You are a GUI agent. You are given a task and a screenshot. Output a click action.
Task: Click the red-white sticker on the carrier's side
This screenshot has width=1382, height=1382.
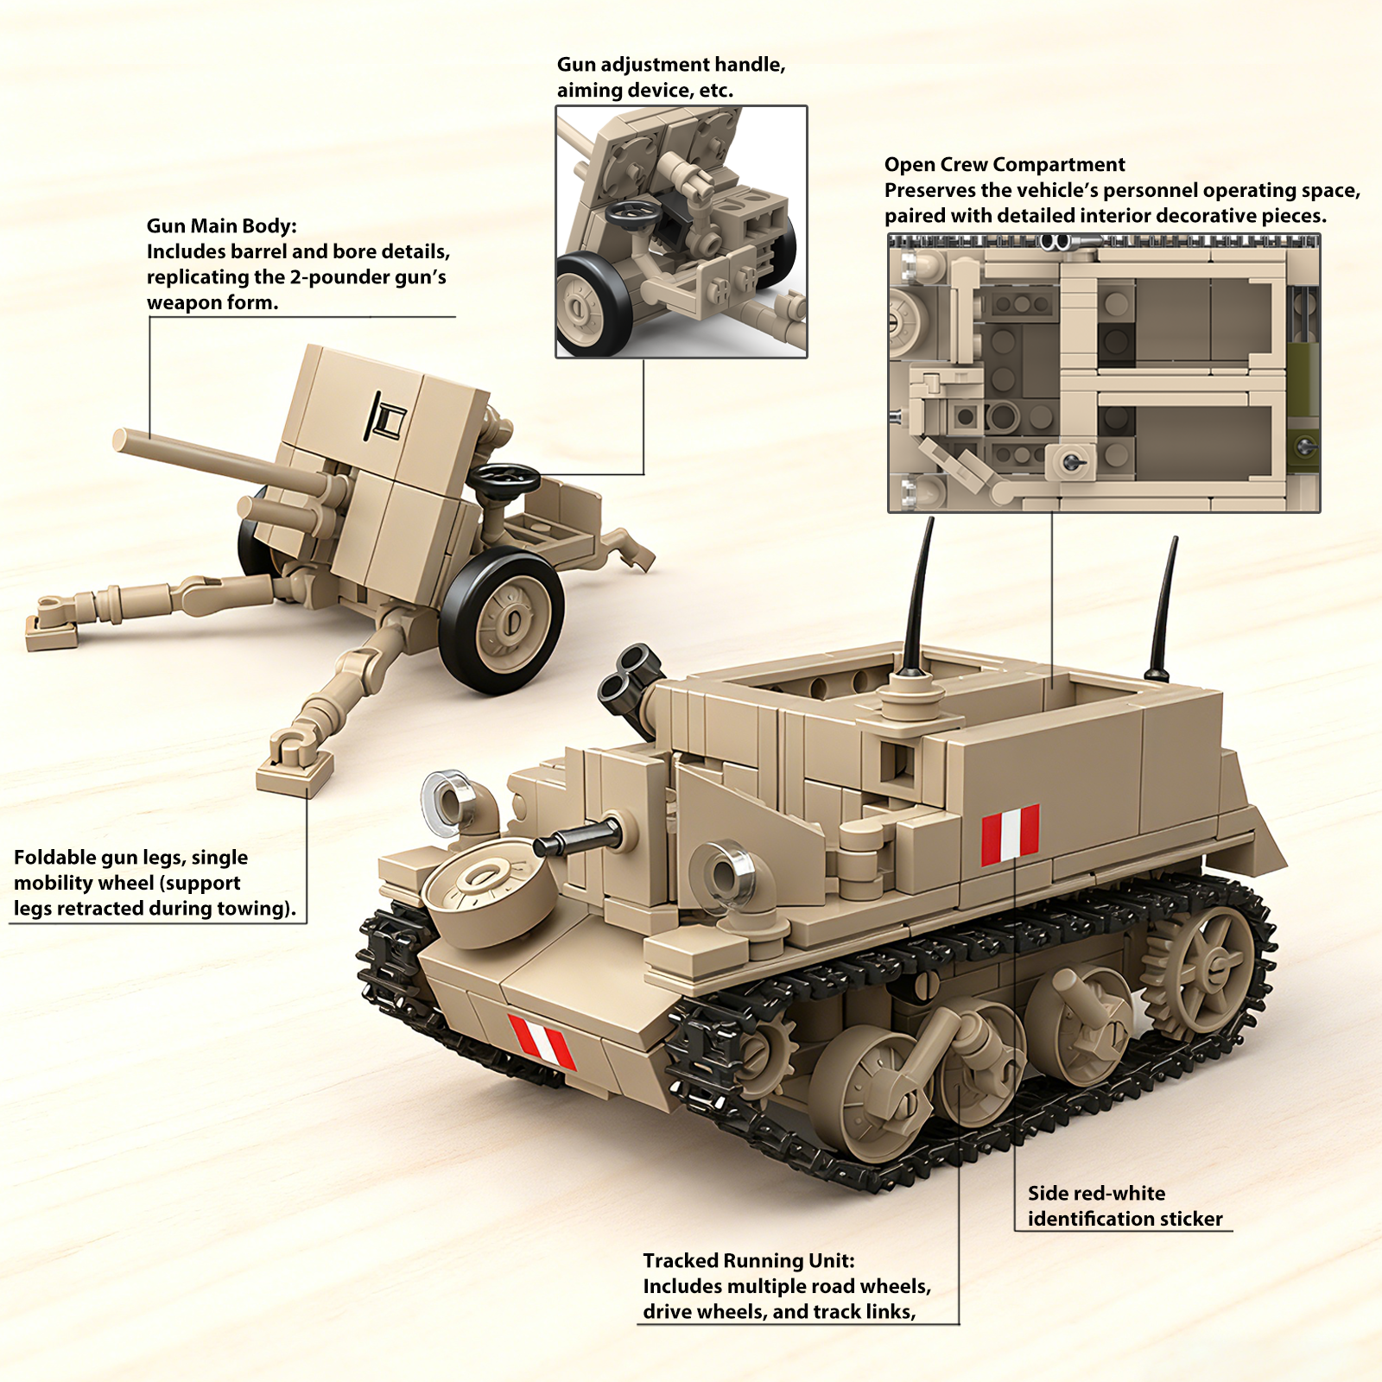tap(1010, 834)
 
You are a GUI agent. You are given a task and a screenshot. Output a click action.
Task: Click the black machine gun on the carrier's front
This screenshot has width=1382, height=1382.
tap(577, 836)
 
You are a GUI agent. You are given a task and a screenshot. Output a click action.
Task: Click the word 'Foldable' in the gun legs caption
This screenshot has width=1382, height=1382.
tap(55, 857)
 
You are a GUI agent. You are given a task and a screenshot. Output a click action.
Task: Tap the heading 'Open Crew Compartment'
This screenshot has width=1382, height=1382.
tap(1005, 165)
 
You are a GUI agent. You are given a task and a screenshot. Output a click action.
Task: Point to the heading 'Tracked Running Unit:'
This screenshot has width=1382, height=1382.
tap(749, 1261)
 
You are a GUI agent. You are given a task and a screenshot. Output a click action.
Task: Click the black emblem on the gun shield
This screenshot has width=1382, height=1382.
tap(386, 415)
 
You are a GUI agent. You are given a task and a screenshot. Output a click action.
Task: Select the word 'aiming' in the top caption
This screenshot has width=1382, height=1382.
tap(583, 91)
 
